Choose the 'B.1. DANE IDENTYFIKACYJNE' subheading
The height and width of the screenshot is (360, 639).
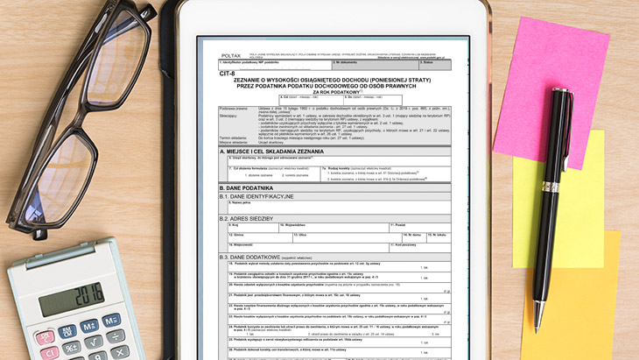click(x=257, y=196)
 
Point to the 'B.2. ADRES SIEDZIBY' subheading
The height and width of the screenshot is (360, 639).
click(x=250, y=217)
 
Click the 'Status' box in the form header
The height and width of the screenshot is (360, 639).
click(x=433, y=64)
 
